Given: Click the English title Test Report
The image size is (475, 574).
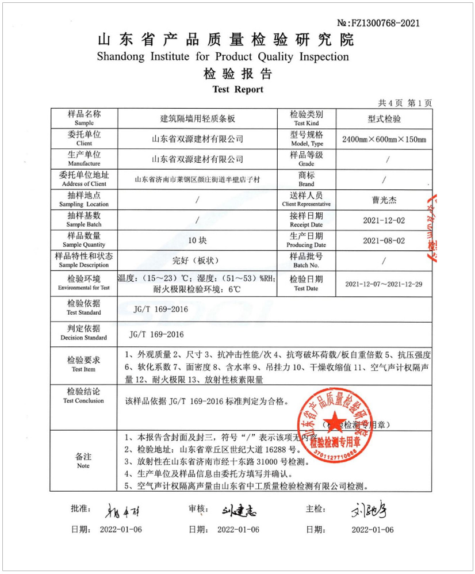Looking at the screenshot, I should tap(237, 89).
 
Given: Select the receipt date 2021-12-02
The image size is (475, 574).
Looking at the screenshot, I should tap(384, 220).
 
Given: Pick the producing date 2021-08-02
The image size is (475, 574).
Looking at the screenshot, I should tap(384, 240).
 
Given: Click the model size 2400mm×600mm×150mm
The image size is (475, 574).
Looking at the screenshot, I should tap(384, 139).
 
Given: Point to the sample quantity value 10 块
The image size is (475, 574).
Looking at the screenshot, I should tap(197, 240).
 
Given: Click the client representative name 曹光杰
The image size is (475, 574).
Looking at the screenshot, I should tap(384, 200).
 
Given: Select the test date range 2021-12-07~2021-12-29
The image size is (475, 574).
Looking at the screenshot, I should tap(384, 284).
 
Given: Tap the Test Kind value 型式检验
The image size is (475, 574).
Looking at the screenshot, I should tap(384, 119).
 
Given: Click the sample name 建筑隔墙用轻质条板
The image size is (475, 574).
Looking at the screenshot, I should tap(197, 119).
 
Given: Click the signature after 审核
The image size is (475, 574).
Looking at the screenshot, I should tap(239, 510).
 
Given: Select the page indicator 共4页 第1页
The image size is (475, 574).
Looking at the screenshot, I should tap(405, 103).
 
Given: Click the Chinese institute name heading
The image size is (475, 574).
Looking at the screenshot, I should tap(225, 40).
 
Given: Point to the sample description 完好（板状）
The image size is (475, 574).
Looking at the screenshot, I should tap(197, 261).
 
